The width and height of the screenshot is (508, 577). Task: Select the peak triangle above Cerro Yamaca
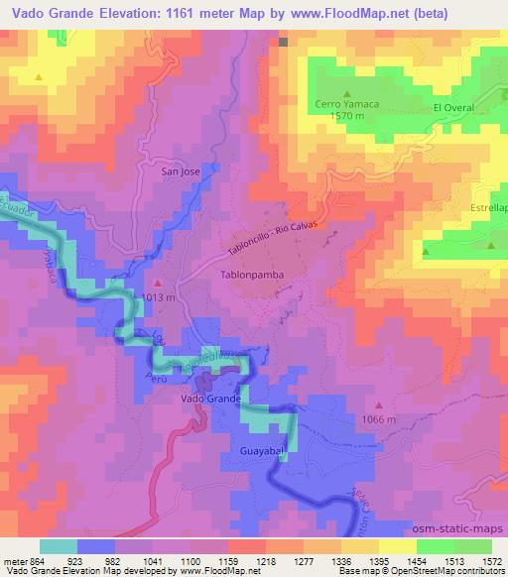click(346, 94)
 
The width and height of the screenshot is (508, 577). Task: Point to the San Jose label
click(181, 171)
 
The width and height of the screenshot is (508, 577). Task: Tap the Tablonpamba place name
click(249, 270)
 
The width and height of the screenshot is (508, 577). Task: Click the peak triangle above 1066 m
click(378, 405)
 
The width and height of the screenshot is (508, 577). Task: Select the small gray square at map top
click(283, 43)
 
